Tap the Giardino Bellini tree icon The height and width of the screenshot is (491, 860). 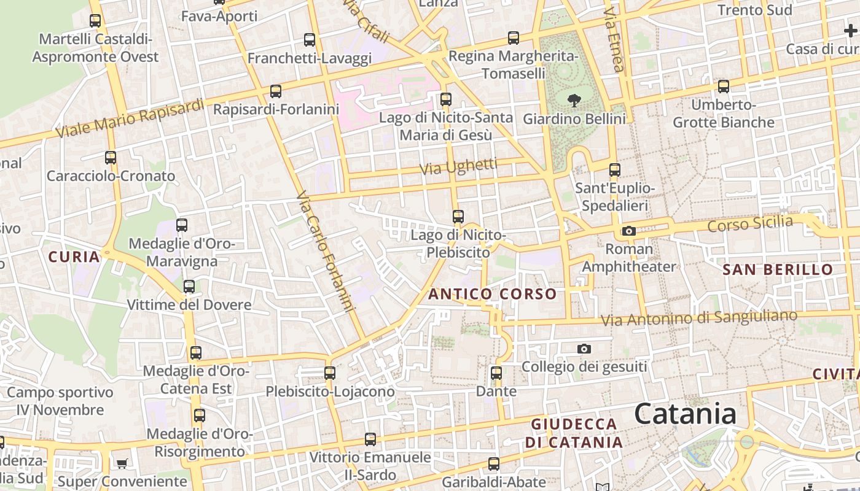(575, 99)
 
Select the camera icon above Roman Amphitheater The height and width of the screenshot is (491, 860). (628, 231)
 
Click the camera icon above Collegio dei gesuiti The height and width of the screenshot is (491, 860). (584, 349)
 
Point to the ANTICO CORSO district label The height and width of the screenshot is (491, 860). (492, 294)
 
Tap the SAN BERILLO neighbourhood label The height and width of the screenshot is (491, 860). (777, 269)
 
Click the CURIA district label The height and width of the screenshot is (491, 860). (74, 257)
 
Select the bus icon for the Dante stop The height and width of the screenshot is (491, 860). (496, 373)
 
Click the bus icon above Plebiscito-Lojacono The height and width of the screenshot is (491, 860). (330, 373)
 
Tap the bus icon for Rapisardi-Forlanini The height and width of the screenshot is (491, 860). (276, 91)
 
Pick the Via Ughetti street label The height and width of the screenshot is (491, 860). (458, 166)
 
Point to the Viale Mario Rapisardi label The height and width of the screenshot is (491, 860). (130, 118)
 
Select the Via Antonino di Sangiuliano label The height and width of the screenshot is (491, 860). (698, 318)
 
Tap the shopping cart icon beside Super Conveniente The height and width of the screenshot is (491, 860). (122, 463)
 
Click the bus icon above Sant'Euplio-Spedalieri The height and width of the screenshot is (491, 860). (614, 170)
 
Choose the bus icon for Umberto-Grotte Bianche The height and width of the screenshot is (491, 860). (724, 87)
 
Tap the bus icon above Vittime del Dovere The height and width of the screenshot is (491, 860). (189, 287)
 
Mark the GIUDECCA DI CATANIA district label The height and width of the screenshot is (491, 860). (574, 433)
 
